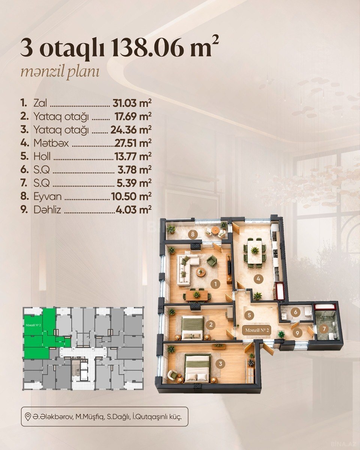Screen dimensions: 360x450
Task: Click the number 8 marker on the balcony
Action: coord(193,234)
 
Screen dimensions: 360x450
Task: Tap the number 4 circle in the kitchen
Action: coord(258,279)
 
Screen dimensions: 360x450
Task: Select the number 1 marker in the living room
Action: coord(216,284)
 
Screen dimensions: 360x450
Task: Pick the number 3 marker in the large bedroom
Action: coord(220,364)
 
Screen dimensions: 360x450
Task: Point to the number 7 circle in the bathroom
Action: coord(324,329)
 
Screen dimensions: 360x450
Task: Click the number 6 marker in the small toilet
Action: coord(295,312)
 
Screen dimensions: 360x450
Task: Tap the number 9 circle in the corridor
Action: coord(297,333)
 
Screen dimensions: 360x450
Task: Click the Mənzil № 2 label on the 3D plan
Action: coord(257,331)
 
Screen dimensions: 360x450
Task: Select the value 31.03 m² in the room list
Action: coord(132,103)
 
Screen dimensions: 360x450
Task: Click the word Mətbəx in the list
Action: coord(51,143)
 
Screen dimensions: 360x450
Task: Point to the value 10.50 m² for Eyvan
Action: coord(131,196)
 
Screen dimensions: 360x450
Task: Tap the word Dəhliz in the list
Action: coord(47,210)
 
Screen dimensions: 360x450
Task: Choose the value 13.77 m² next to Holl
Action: coord(133,156)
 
